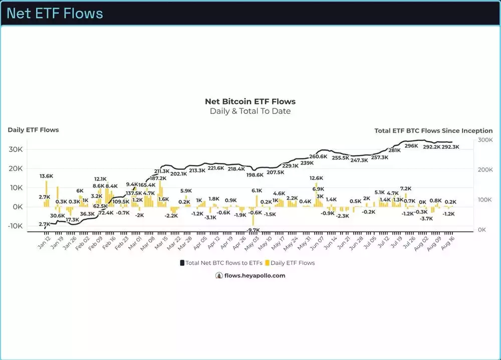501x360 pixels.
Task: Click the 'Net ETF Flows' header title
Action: pyautogui.click(x=55, y=13)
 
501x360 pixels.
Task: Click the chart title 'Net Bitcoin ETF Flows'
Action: pyautogui.click(x=250, y=102)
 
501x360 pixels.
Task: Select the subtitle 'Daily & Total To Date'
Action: pyautogui.click(x=250, y=111)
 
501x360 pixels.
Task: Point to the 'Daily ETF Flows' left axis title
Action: pyautogui.click(x=33, y=130)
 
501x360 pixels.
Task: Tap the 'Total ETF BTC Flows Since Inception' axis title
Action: pyautogui.click(x=433, y=130)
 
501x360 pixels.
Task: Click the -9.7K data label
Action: pyautogui.click(x=254, y=230)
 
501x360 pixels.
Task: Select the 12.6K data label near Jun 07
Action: pyautogui.click(x=316, y=178)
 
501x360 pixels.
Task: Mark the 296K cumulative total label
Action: pyautogui.click(x=411, y=146)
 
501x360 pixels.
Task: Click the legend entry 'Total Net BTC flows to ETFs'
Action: pyautogui.click(x=221, y=263)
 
